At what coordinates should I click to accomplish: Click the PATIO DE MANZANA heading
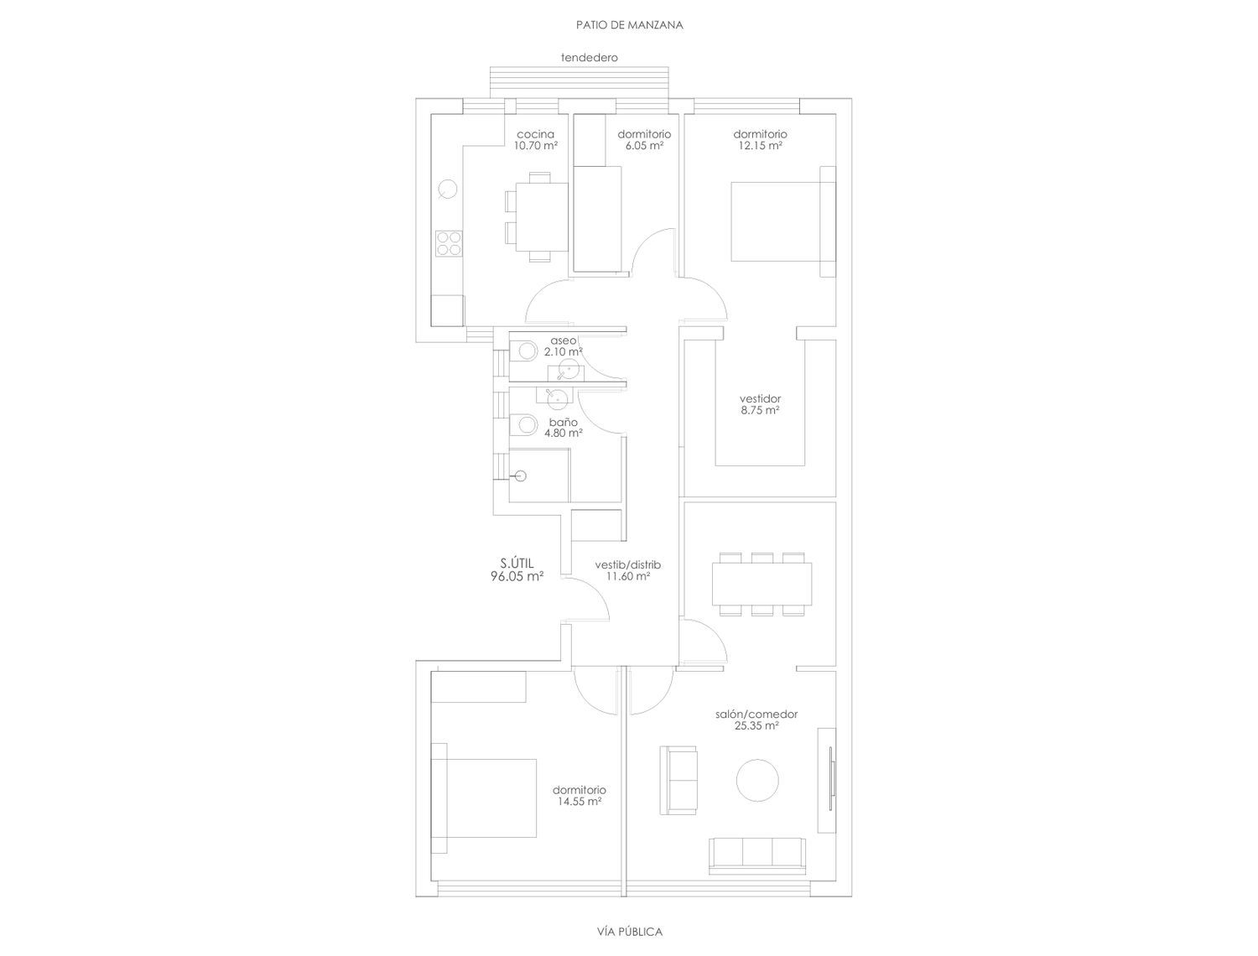[x=629, y=25]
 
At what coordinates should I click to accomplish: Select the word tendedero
[x=589, y=57]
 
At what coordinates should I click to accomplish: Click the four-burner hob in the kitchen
[x=449, y=243]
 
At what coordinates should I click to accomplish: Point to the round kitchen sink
[x=448, y=189]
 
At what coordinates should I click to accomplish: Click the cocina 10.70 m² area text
[x=535, y=140]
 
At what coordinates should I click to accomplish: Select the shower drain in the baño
[x=521, y=475]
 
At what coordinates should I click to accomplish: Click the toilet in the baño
[x=523, y=424]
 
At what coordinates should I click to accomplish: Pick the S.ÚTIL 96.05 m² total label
[x=517, y=570]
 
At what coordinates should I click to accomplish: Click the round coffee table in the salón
[x=757, y=780]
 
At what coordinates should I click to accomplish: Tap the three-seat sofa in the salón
[x=756, y=855]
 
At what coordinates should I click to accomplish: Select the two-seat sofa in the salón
[x=678, y=780]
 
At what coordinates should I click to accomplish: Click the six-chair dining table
[x=762, y=584]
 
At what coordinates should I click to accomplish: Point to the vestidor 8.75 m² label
[x=760, y=404]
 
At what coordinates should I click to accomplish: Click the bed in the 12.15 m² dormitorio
[x=782, y=221]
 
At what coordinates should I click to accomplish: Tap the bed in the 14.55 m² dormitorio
[x=484, y=798]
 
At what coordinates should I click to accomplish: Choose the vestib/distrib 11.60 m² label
[x=627, y=570]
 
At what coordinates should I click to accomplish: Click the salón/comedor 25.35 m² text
[x=756, y=720]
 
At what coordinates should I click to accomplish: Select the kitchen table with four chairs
[x=537, y=216]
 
